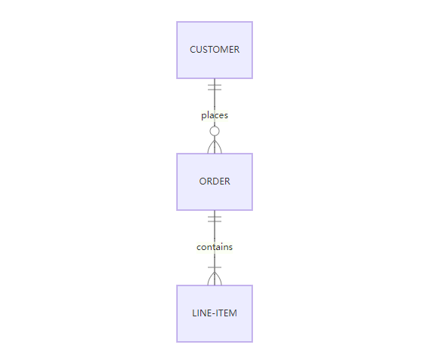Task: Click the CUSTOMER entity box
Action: pyautogui.click(x=215, y=50)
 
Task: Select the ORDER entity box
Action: pyautogui.click(x=215, y=182)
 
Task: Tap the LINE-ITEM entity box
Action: pyautogui.click(x=215, y=313)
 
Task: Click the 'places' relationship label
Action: pyautogui.click(x=215, y=115)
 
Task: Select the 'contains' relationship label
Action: pyautogui.click(x=215, y=247)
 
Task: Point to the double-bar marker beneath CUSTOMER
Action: pyautogui.click(x=215, y=87)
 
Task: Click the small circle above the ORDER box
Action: pyautogui.click(x=215, y=131)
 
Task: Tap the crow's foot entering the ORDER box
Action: pyautogui.click(x=215, y=147)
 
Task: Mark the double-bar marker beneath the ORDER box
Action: pyautogui.click(x=215, y=219)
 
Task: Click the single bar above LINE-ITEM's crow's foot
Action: pyautogui.click(x=215, y=267)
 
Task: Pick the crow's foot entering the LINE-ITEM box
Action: pyautogui.click(x=215, y=279)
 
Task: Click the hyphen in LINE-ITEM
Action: pyautogui.click(x=214, y=313)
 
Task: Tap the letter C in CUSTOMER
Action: pyautogui.click(x=193, y=50)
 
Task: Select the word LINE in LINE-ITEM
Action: pyautogui.click(x=202, y=313)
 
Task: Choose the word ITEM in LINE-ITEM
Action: pyautogui.click(x=227, y=313)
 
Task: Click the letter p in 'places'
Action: pyautogui.click(x=203, y=116)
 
